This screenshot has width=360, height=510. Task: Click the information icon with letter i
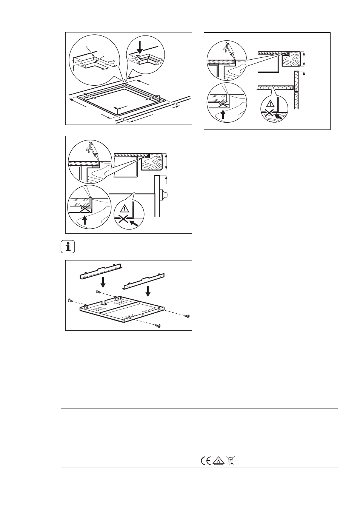tap(68, 247)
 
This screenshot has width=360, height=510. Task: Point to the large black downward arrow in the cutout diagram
tap(140, 48)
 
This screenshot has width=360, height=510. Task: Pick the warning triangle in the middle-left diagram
tap(125, 208)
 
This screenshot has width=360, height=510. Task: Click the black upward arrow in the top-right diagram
tap(223, 114)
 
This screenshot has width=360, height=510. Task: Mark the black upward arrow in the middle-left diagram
tap(85, 220)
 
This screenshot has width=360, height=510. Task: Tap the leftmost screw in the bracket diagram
tap(70, 301)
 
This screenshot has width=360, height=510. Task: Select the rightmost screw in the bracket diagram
tap(187, 316)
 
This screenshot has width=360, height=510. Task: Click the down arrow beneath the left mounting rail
tap(103, 282)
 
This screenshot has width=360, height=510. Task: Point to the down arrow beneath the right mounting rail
tap(148, 291)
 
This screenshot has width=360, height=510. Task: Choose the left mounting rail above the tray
tap(101, 272)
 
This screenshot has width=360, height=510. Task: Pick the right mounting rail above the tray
tap(144, 281)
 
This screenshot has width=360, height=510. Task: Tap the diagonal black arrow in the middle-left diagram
tap(134, 223)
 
